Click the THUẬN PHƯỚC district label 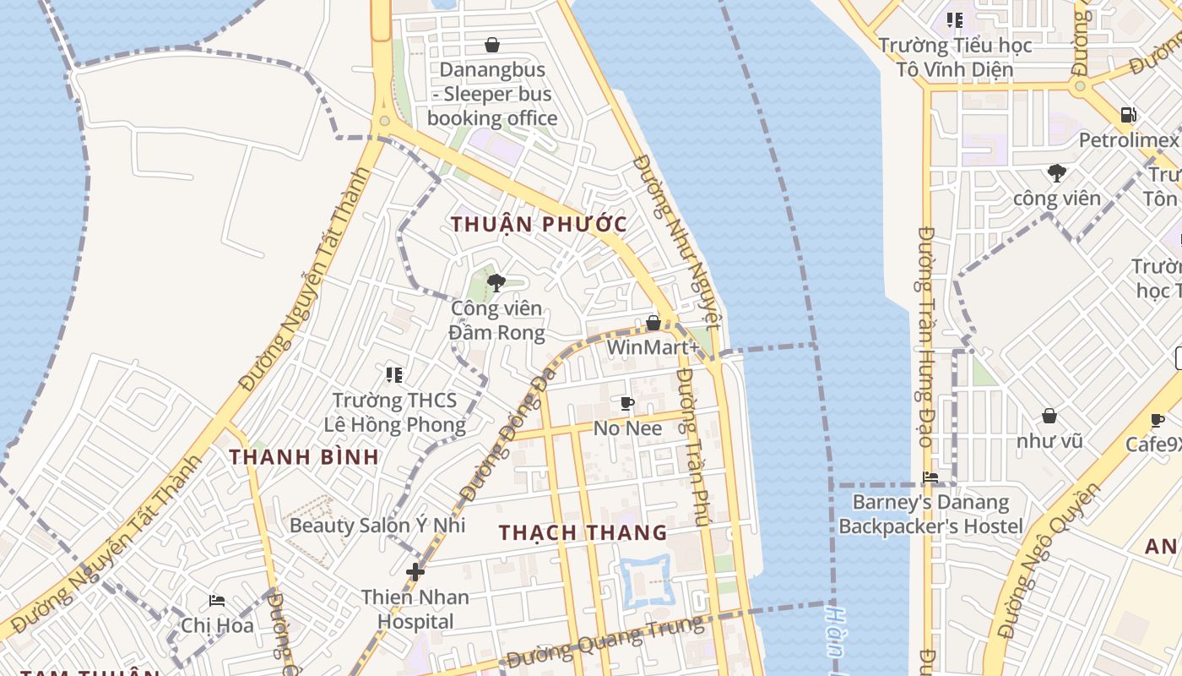click(x=539, y=224)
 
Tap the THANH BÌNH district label click(x=304, y=457)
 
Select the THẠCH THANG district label click(x=583, y=532)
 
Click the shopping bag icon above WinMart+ click(x=653, y=323)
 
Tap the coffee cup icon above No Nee click(x=626, y=403)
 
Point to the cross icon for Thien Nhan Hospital click(x=415, y=572)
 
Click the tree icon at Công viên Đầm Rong click(x=496, y=283)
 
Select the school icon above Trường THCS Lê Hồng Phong click(x=393, y=374)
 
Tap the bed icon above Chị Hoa click(x=217, y=601)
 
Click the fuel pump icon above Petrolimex click(x=1128, y=115)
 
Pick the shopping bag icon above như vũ click(x=1049, y=416)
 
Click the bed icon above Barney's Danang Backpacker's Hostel click(x=930, y=477)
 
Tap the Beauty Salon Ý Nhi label click(x=377, y=525)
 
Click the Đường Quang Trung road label click(x=605, y=642)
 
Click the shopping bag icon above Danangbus click(x=492, y=45)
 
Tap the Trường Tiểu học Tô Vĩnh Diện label click(x=955, y=57)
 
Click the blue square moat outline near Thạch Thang click(x=646, y=581)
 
